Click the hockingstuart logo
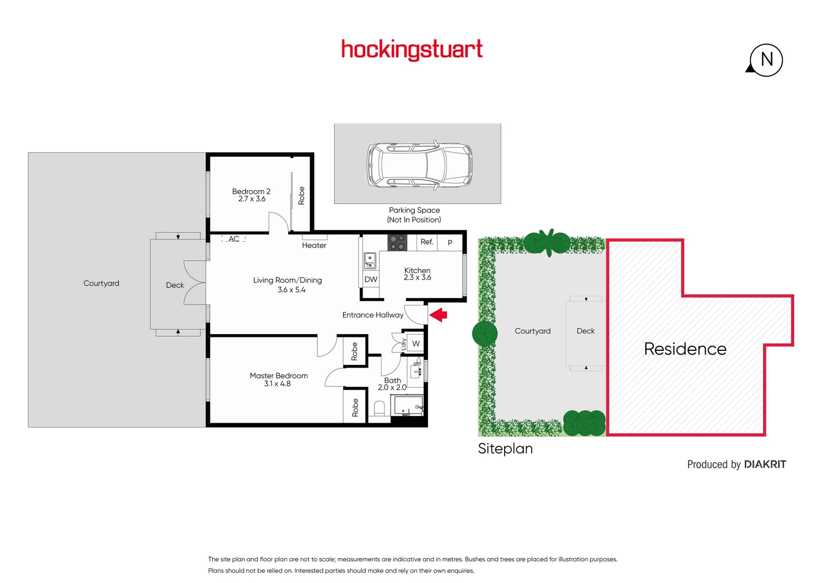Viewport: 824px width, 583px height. tap(412, 50)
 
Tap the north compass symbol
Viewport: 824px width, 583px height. tap(766, 59)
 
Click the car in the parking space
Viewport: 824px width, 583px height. tap(420, 165)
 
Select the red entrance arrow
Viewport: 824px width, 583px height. tap(438, 315)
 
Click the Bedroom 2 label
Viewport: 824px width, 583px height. tap(251, 195)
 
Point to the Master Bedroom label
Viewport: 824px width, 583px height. tap(278, 379)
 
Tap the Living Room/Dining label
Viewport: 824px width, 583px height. tap(288, 284)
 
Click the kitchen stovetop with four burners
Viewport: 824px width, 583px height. tap(397, 242)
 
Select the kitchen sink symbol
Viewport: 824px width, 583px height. tap(370, 261)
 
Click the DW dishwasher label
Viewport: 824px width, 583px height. tap(371, 279)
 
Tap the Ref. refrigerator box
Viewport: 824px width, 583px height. tap(427, 242)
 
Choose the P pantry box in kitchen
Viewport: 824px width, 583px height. tap(450, 242)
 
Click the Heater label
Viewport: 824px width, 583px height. tap(314, 245)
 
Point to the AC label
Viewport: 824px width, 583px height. tap(234, 239)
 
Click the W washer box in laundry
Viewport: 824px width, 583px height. tap(416, 343)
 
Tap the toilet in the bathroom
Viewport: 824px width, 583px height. tap(379, 408)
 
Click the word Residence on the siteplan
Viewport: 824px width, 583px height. tap(685, 349)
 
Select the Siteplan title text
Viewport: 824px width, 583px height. tap(505, 449)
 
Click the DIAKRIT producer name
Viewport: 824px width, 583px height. tap(765, 464)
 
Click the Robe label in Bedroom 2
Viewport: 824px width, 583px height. tap(301, 195)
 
